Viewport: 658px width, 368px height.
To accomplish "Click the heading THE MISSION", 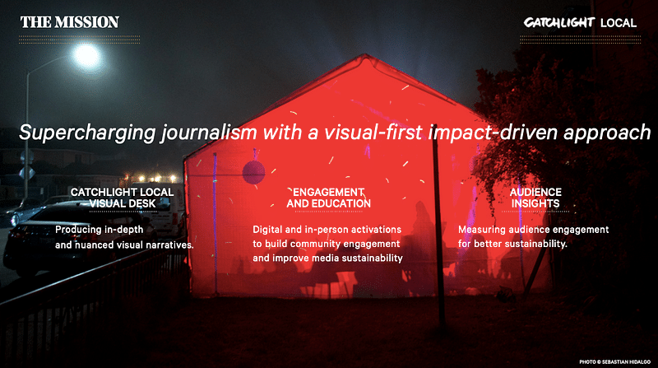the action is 70,22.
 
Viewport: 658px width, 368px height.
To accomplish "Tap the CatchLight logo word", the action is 559,22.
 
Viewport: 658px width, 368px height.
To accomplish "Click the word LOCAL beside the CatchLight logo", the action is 619,23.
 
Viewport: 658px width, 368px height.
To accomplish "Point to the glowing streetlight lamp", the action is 86,55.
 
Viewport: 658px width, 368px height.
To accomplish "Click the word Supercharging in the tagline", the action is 87,133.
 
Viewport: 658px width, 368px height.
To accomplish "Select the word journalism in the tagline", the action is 209,133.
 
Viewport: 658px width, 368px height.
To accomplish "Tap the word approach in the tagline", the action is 607,133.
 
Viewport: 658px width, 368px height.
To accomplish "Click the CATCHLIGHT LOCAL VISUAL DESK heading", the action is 122,198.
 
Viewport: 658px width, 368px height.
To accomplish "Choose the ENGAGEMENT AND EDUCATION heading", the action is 328,198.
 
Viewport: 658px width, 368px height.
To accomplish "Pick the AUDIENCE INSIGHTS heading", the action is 535,198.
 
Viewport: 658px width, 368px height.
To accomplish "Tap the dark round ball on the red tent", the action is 253,172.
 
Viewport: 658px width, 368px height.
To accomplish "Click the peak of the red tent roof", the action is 365,54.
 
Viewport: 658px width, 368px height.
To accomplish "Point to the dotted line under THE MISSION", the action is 79,40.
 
